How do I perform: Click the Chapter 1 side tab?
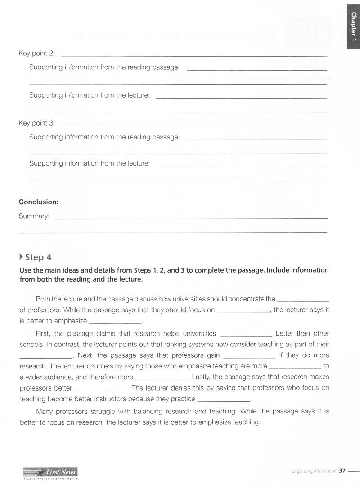tap(354, 25)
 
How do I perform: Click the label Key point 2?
tap(36, 53)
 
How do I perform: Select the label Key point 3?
tap(36, 123)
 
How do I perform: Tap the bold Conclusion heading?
tap(39, 202)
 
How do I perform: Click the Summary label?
tap(34, 216)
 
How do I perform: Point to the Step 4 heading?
tap(38, 257)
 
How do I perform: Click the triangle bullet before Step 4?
tap(22, 257)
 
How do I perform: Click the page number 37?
tap(342, 471)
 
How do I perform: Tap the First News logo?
tap(50, 472)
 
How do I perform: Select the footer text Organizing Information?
tap(314, 472)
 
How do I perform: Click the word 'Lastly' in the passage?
tap(202, 377)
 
